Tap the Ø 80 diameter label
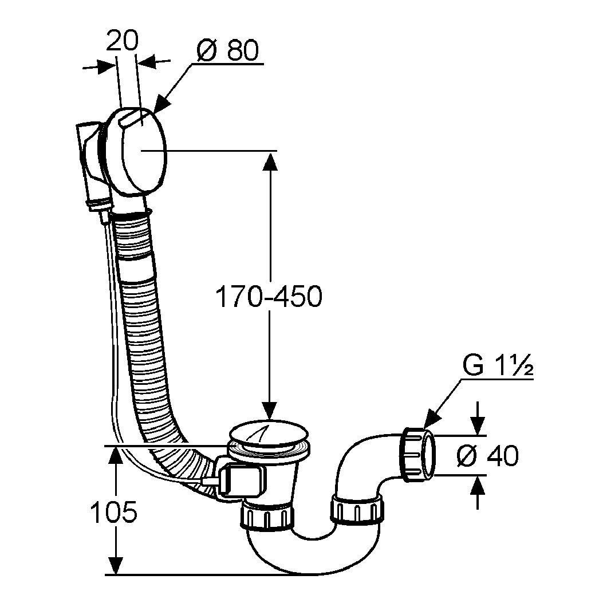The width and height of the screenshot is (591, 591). point(227,51)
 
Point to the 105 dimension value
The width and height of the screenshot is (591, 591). point(114,513)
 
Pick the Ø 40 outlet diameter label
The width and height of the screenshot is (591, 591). point(488,456)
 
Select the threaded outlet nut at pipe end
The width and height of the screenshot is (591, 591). point(417,454)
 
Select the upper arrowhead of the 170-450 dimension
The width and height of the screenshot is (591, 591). point(270,161)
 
